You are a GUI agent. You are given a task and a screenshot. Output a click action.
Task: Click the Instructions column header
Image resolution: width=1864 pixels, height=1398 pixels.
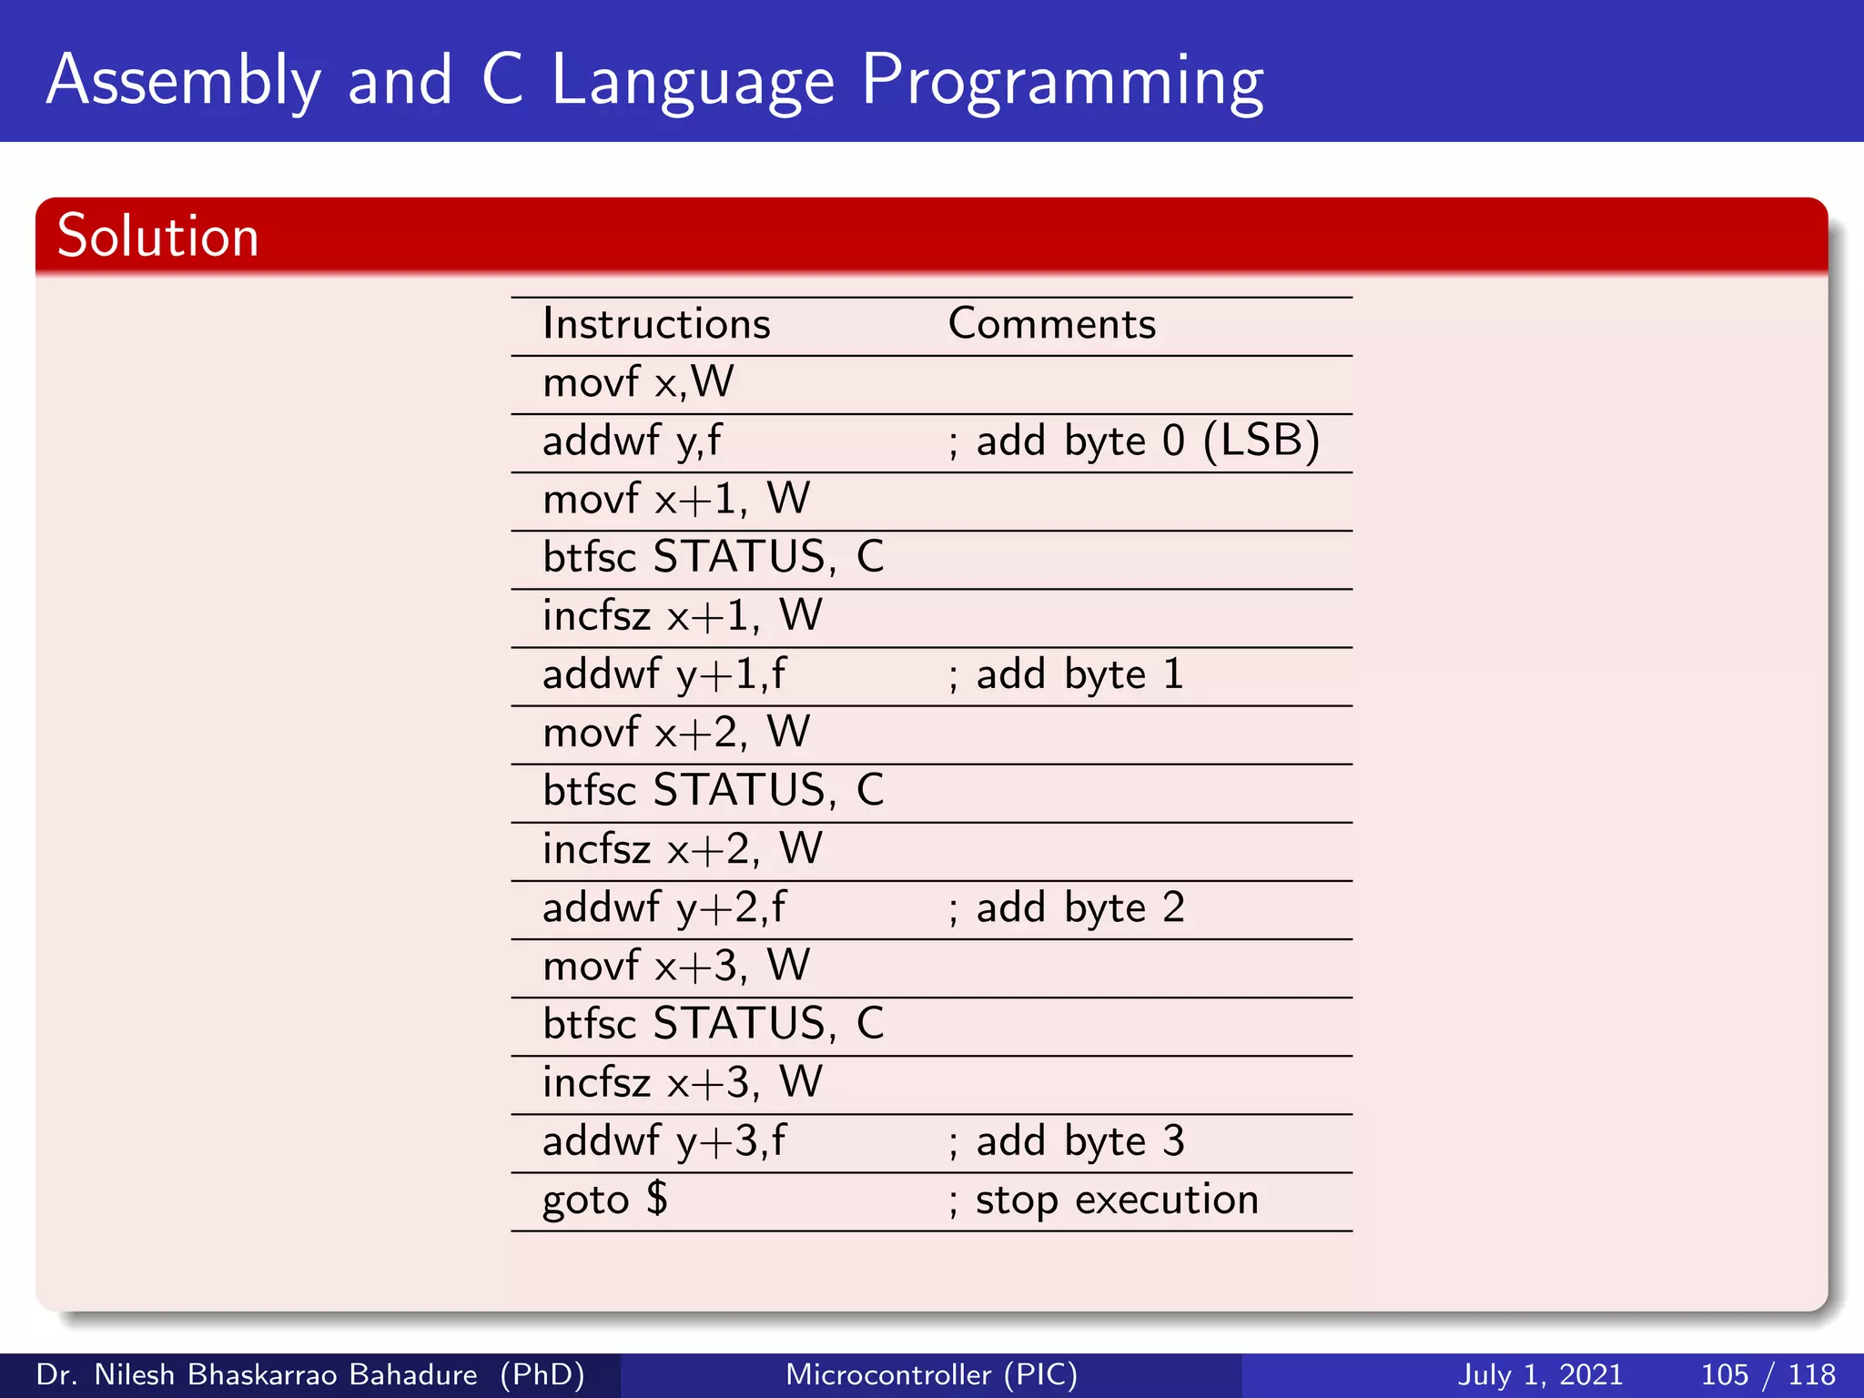pos(656,324)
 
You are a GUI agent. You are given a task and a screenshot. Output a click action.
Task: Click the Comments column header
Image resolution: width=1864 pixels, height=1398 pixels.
pos(1051,324)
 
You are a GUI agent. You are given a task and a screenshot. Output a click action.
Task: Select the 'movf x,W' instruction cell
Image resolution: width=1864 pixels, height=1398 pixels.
pos(638,382)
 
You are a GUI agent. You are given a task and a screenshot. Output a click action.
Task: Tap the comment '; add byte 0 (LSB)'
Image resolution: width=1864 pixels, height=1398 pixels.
pos(1133,441)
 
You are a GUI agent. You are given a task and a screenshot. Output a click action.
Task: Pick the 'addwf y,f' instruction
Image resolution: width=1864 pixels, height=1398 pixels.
pos(632,441)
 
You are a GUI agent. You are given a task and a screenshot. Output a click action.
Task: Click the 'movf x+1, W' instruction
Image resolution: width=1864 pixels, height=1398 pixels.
pos(675,500)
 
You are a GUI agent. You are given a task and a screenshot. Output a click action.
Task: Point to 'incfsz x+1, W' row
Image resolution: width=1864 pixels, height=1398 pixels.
pos(682,616)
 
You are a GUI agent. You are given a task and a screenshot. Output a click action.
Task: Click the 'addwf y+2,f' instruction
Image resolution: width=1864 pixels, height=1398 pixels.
pos(664,908)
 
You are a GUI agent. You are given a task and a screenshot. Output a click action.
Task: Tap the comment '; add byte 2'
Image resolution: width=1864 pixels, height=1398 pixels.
pos(1065,908)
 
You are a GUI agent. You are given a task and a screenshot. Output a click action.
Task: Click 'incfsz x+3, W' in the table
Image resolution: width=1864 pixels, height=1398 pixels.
pos(682,1083)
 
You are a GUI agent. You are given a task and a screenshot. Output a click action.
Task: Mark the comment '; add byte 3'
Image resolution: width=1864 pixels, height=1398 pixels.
pos(1065,1141)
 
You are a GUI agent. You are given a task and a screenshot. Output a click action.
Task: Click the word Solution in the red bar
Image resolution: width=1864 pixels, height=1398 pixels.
pos(157,237)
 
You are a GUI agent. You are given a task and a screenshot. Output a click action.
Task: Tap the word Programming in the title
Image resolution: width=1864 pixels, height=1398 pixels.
pos(1061,82)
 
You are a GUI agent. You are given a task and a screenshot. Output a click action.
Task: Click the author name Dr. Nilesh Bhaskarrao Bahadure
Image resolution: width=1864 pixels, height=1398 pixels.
pos(256,1374)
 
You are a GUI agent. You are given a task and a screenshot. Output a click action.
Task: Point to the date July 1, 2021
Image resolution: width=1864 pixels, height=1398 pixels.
pos(1540,1374)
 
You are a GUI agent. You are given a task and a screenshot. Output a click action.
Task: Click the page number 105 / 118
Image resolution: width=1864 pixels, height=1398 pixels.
pos(1768,1374)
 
